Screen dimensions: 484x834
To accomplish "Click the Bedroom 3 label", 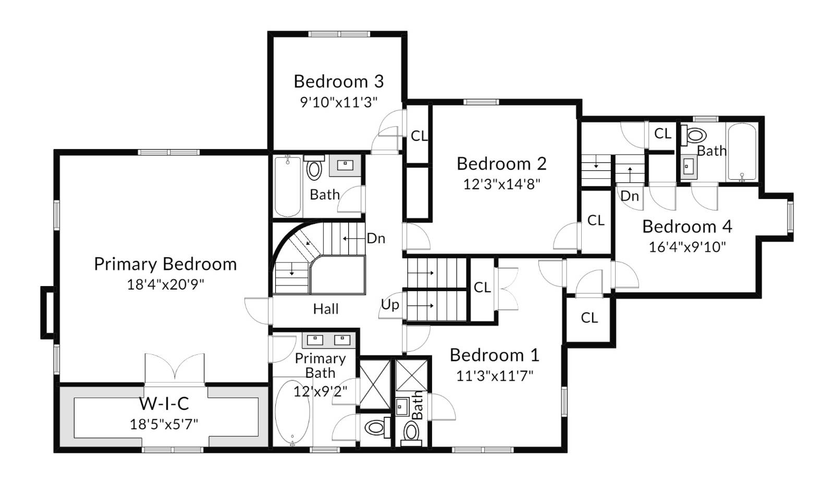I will point(338,81).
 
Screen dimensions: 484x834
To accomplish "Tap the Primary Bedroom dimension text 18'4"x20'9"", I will point(165,284).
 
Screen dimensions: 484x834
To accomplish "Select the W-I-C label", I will point(164,403).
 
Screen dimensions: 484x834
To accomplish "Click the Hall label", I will point(326,309).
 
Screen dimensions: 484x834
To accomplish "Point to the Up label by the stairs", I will point(390,305).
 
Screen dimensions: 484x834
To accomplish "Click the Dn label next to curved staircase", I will point(376,239).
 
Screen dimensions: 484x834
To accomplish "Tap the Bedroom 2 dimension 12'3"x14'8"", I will point(501,184).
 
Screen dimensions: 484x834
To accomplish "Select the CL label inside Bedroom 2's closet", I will point(596,221).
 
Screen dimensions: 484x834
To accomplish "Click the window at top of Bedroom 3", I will point(339,34).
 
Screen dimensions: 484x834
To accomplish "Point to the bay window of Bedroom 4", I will point(790,217).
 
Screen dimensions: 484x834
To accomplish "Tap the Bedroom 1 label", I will point(494,355).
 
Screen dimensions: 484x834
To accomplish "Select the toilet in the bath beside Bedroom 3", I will point(314,169).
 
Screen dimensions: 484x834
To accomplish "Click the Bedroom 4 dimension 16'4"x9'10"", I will point(687,247).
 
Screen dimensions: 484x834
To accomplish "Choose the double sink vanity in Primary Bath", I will point(328,340).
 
